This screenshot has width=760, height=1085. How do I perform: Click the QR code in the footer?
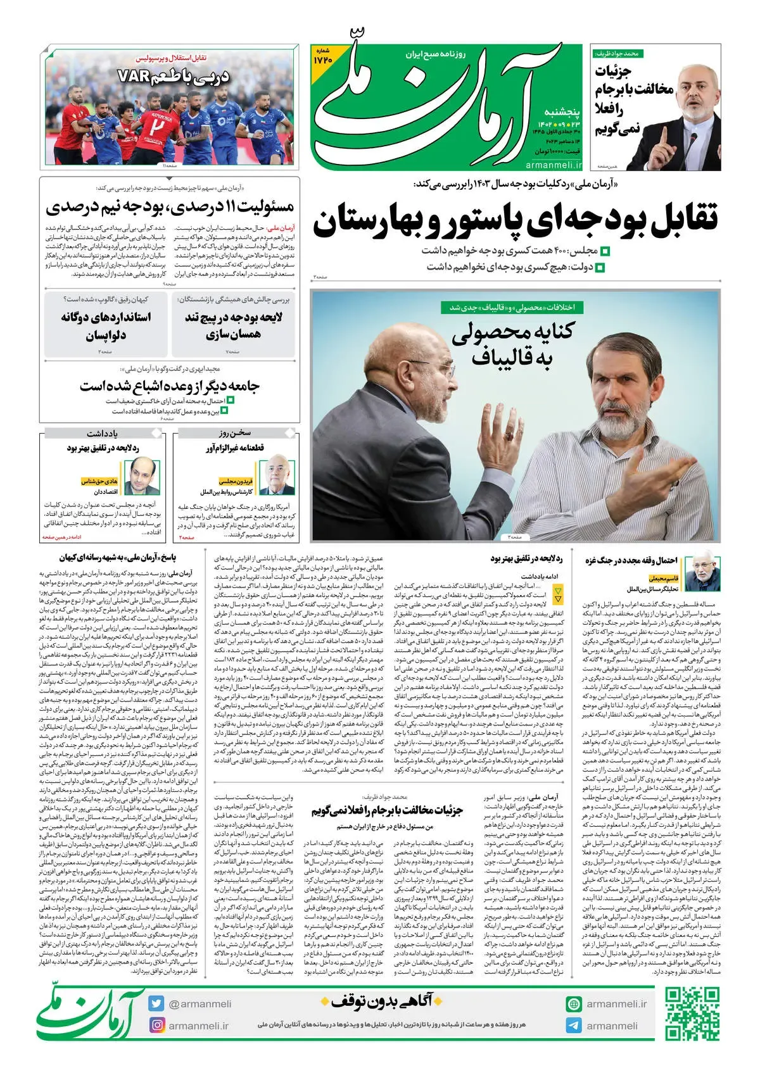pos(692,1013)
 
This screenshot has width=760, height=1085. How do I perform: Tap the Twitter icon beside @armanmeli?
pos(156,1003)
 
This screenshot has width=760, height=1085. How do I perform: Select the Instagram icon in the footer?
pos(156,1025)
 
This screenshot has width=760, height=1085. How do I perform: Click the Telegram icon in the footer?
pos(574,1025)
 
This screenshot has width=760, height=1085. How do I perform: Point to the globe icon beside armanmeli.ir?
pos(574,1004)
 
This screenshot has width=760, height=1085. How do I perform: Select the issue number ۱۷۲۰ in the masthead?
pos(323,59)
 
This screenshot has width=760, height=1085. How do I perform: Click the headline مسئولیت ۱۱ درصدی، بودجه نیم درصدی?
pos(170,207)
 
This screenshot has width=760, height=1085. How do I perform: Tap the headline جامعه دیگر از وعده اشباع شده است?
pos(170,386)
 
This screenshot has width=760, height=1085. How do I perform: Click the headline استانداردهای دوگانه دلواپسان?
pos(106,325)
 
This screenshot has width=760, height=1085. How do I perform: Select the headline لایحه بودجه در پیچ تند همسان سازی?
pos(234,325)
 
